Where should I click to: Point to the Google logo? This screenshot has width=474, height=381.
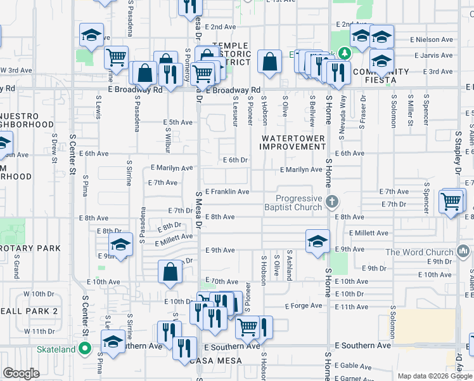[21, 373]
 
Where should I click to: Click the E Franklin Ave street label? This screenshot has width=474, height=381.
[227, 191]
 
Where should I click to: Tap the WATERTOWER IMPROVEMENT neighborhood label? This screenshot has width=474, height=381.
[293, 142]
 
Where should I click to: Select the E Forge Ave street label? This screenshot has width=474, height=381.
[304, 305]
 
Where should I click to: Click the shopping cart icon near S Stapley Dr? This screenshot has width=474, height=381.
[451, 201]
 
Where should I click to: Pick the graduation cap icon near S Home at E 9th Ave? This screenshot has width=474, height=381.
[317, 241]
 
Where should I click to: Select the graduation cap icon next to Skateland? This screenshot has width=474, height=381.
[113, 343]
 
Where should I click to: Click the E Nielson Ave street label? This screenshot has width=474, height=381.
[432, 39]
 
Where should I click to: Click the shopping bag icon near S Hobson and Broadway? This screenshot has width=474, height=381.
[269, 62]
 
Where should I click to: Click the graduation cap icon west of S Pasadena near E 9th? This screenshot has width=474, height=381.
[120, 244]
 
